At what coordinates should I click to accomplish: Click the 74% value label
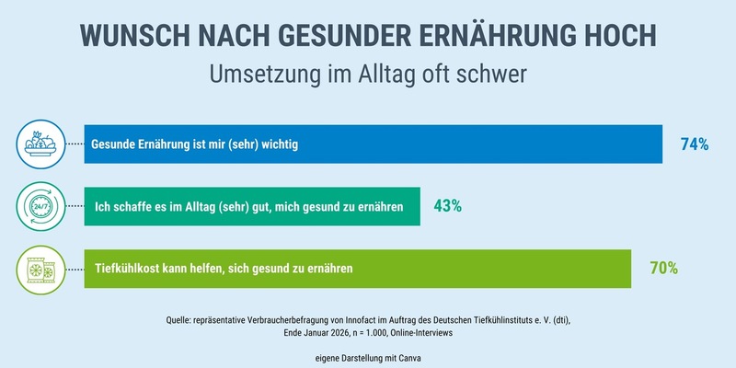tap(694, 144)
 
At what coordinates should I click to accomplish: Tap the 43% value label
tap(447, 206)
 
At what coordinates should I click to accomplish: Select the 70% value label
tap(663, 269)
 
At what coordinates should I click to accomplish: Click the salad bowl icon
tap(41, 144)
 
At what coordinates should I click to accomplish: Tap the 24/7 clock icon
tap(41, 206)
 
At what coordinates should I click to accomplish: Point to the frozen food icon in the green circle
tap(41, 269)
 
